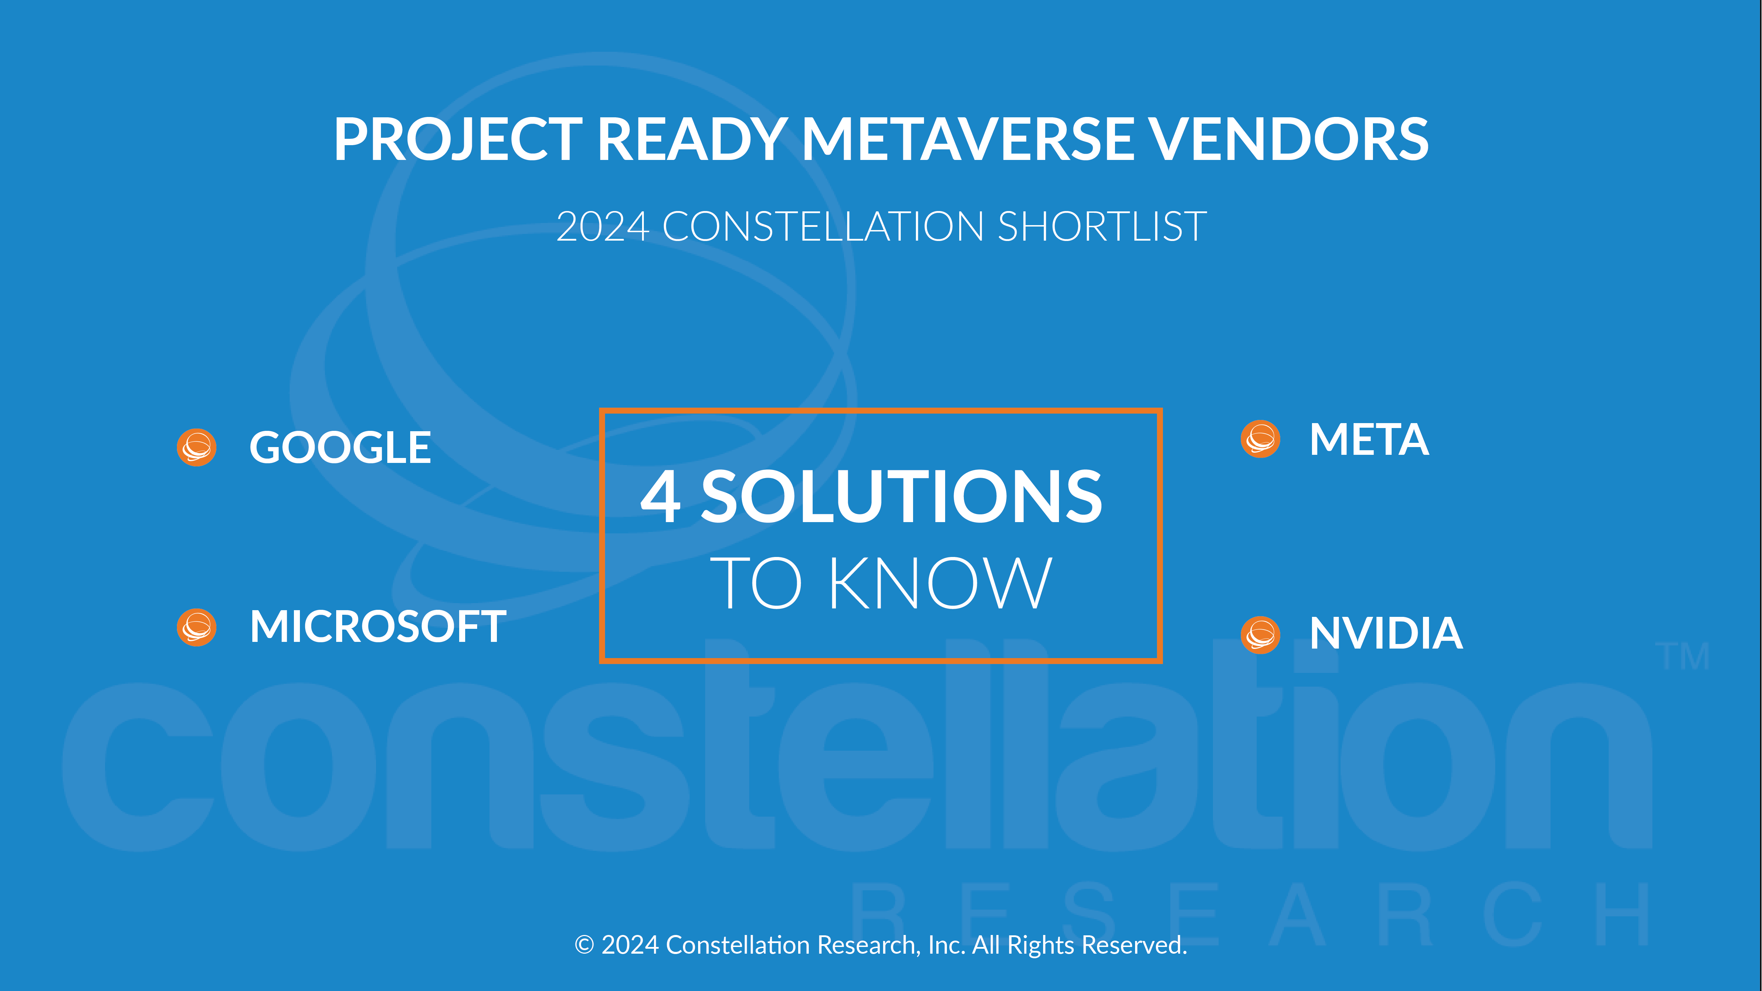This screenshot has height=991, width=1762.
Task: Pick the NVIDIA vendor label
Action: [1386, 633]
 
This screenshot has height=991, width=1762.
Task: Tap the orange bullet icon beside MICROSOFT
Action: [197, 627]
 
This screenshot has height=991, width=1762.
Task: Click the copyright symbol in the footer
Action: [584, 945]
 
